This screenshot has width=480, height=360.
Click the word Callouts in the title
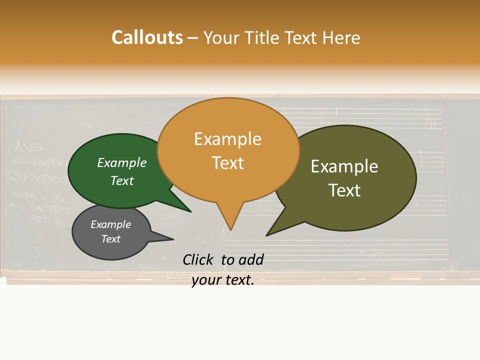147,37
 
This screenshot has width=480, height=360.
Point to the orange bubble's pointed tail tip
230,229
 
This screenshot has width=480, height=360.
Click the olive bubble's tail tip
267,235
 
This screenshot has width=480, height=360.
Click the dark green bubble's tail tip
190,211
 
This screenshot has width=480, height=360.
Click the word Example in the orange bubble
227,139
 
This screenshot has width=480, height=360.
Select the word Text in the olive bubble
344,190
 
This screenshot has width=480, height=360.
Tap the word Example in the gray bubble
111,224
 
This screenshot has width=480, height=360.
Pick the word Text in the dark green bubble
122,180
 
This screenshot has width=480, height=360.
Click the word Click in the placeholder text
198,259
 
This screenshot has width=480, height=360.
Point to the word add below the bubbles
250,259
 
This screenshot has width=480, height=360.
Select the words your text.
222,280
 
